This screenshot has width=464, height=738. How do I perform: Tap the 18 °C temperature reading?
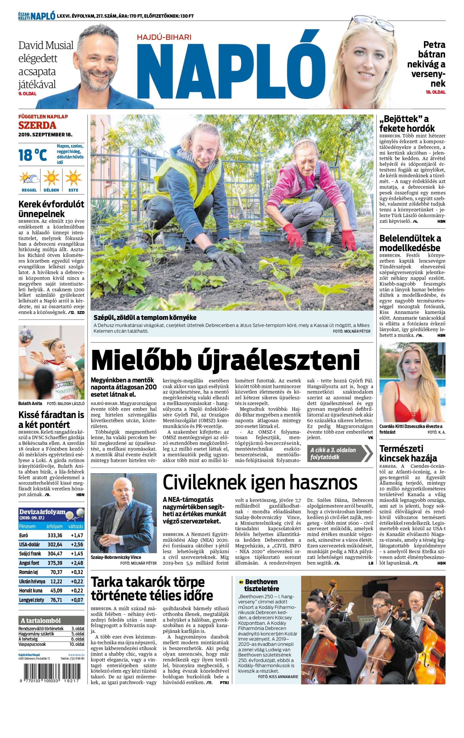tap(33, 155)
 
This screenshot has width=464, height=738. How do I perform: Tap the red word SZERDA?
tap(37, 125)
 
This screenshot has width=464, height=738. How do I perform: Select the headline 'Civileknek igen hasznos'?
tap(260, 482)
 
